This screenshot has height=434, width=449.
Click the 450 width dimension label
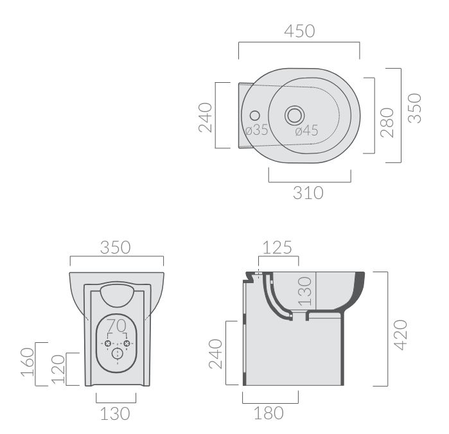click(299, 31)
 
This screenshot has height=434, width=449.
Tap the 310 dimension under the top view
click(308, 193)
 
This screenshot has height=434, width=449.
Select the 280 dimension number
click(387, 123)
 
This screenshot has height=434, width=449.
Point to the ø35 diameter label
click(257, 130)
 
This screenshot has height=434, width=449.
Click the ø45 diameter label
click(306, 131)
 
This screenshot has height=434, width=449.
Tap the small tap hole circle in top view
click(254, 116)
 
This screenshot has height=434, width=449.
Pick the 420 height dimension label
click(401, 334)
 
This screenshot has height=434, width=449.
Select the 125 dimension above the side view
click(277, 248)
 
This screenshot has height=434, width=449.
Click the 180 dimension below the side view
click(269, 413)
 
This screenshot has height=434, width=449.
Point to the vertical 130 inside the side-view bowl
click(304, 291)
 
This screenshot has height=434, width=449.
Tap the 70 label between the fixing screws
click(116, 325)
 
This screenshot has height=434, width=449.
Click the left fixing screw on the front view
click(108, 343)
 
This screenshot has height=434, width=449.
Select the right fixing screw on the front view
click(127, 343)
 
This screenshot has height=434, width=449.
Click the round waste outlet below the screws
click(117, 353)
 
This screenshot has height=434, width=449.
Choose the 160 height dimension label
click(28, 362)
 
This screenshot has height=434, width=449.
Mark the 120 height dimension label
click(58, 370)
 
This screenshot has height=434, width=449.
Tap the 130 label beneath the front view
click(115, 414)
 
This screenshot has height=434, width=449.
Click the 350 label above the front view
click(116, 248)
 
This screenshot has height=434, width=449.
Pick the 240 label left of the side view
click(216, 354)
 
